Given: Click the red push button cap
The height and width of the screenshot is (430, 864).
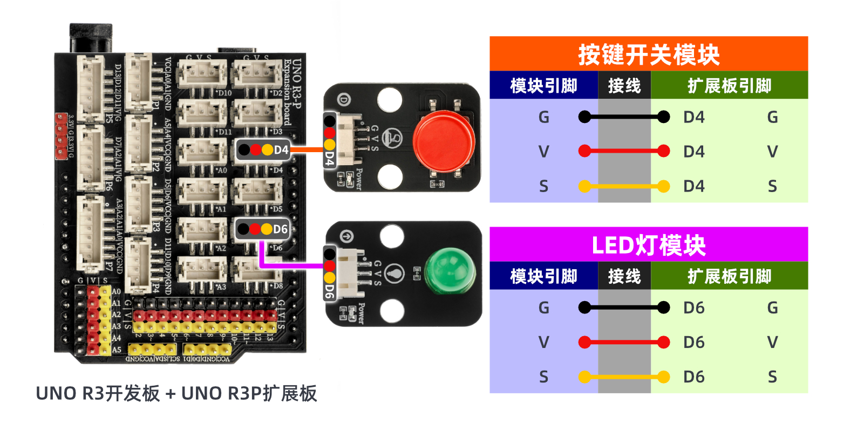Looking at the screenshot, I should tap(444, 141).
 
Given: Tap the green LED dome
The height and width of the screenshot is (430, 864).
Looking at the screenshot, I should tap(450, 271).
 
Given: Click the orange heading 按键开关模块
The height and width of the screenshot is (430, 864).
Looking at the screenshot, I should tap(649, 54).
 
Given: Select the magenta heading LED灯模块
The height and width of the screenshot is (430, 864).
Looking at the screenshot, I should tap(649, 245).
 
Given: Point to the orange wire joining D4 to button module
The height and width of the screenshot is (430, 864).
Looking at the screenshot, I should tap(307, 149).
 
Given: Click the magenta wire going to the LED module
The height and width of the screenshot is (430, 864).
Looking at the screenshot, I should tap(291, 265).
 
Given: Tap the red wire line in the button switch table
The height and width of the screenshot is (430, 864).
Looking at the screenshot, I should tap(624, 152).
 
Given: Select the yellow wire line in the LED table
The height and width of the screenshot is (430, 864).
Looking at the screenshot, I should tap(624, 377).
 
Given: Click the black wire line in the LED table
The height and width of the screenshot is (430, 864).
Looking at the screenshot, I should tap(624, 308).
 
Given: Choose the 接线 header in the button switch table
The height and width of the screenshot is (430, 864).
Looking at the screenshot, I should tap(624, 86).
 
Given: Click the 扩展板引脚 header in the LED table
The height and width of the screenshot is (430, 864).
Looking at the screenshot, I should tap(729, 276).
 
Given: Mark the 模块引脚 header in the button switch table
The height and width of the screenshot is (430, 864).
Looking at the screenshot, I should tap(543, 86).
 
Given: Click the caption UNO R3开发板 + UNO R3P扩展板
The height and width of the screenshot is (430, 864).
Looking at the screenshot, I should tap(176, 393).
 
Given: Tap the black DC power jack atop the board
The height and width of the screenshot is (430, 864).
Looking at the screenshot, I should tap(91, 38).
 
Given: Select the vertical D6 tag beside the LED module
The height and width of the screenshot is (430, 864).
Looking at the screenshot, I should tap(329, 292).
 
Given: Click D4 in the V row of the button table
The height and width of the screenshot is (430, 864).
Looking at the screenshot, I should tap(694, 152).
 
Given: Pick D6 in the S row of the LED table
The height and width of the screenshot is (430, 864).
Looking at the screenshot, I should tap(694, 377).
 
